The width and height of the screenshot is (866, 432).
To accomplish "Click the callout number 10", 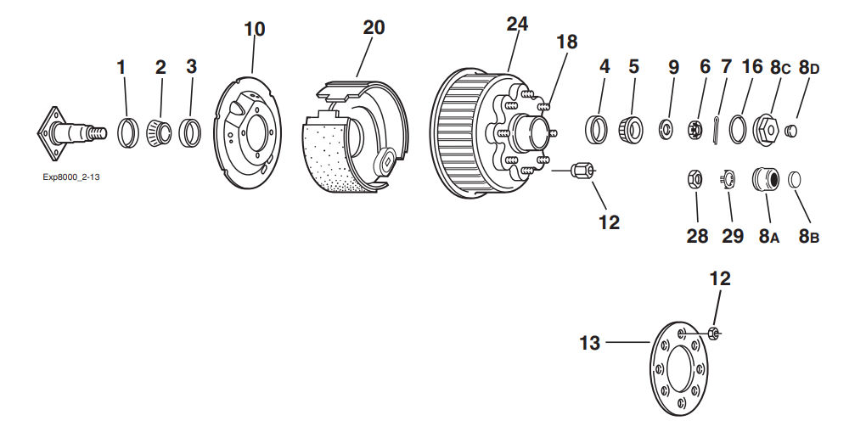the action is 255,29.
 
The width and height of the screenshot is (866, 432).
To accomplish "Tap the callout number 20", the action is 374,27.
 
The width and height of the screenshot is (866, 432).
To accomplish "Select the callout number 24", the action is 517,24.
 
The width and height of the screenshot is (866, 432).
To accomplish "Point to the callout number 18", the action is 566,42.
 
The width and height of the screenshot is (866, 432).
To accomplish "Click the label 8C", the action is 781,67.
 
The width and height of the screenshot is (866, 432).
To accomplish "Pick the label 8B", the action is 808,237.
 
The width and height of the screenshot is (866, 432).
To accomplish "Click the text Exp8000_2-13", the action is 71,178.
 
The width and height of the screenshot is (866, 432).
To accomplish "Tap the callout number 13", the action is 590,343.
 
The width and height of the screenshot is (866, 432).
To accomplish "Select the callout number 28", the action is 697,237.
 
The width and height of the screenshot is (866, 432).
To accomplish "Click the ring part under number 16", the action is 737,129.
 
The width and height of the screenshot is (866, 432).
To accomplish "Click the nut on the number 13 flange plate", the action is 712,333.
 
